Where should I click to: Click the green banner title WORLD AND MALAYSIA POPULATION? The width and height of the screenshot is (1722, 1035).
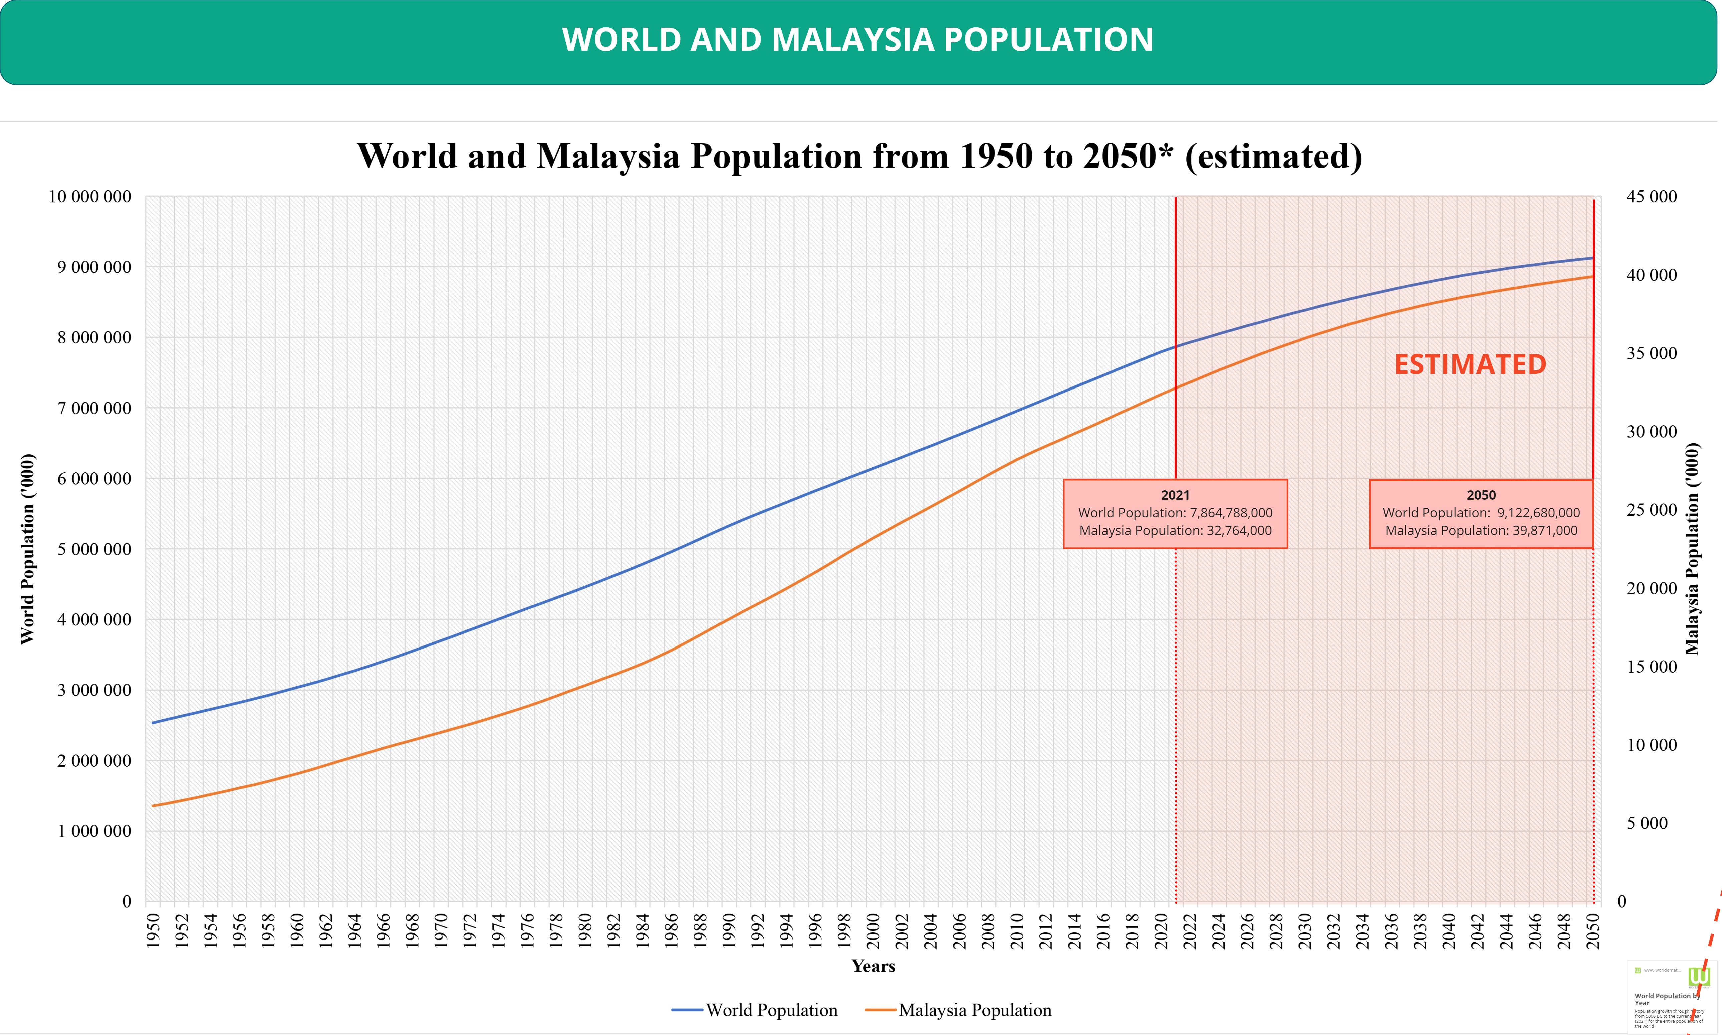coord(858,40)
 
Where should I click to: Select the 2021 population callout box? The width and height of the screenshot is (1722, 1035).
coord(1175,514)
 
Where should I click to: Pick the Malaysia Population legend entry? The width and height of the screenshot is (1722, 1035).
coord(959,1010)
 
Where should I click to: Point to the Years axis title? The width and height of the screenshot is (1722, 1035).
coord(873,966)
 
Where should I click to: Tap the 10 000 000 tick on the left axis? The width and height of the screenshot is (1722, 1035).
coord(90,197)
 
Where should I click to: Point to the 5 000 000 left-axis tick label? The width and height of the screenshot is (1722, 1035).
coord(94,550)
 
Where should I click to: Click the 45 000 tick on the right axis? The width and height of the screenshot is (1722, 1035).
coord(1652,197)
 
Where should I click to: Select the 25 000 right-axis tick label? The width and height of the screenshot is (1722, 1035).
coord(1652,510)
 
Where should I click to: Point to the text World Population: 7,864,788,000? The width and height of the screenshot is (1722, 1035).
coord(1175,513)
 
